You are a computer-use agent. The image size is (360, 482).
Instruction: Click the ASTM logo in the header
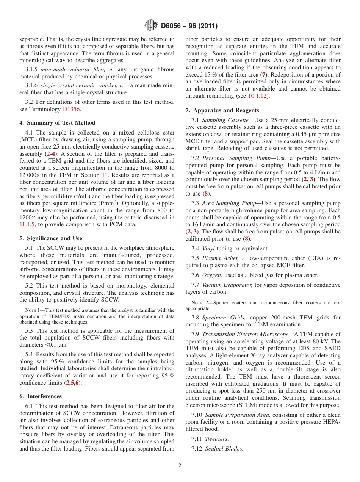tap(151, 26)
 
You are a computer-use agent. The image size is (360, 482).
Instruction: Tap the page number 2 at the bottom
tap(180, 466)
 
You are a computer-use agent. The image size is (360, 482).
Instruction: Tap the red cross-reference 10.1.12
tap(258, 96)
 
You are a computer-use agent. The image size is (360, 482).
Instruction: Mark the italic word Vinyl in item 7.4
tap(208, 249)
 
